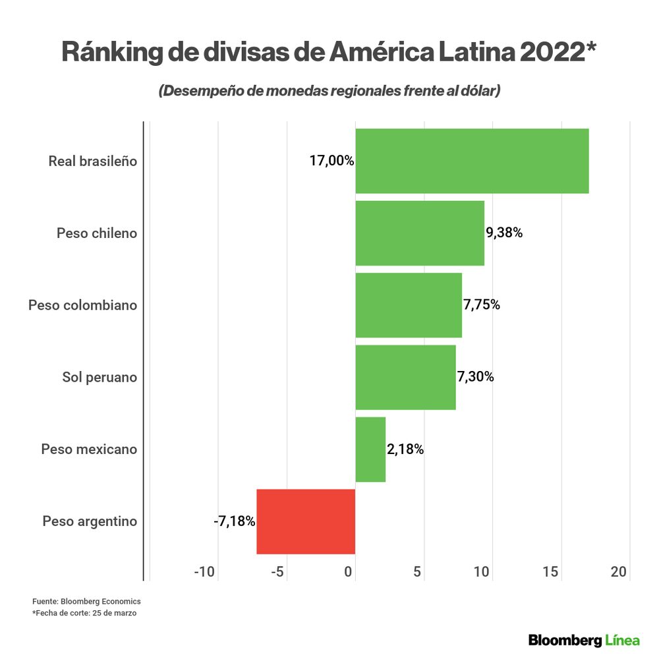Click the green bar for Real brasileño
tap(472, 161)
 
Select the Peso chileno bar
tap(420, 233)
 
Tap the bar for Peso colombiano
tap(409, 304)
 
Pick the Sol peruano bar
tap(405, 377)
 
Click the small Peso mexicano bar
tap(370, 449)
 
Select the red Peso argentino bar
tap(306, 521)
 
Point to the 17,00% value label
tap(331, 161)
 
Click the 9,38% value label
tap(504, 233)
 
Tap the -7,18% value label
tap(234, 521)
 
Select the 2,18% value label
tap(405, 449)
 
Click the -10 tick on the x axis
tap(204, 572)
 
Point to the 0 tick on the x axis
tap(349, 572)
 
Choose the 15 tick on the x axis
tap(551, 572)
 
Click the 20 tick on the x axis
tap(619, 572)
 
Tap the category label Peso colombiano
tap(82, 305)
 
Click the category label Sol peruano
tap(100, 377)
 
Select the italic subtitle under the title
tap(329, 91)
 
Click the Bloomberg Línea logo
tap(584, 640)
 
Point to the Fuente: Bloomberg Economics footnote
tap(86, 602)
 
